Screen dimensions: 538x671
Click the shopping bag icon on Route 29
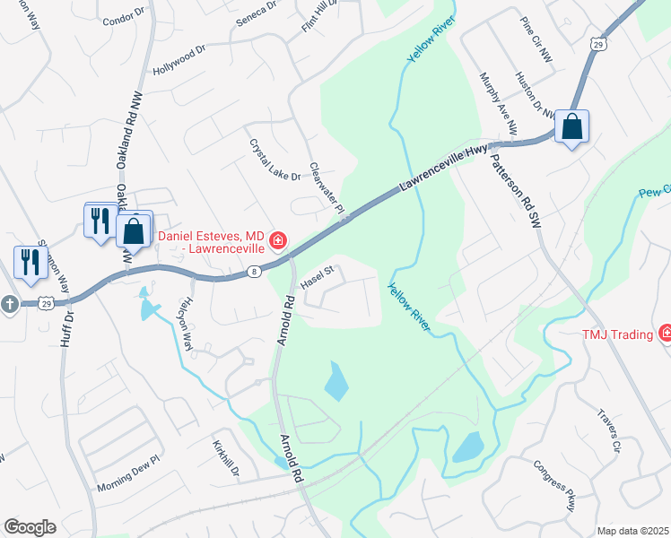tap(571, 127)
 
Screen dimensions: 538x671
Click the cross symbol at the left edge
tap(9, 304)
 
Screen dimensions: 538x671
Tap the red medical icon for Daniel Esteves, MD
tap(279, 240)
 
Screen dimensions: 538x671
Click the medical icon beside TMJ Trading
tap(665, 334)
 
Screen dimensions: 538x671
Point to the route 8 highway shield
tap(257, 270)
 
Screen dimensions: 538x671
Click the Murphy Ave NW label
tap(499, 103)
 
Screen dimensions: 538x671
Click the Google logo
tap(30, 527)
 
